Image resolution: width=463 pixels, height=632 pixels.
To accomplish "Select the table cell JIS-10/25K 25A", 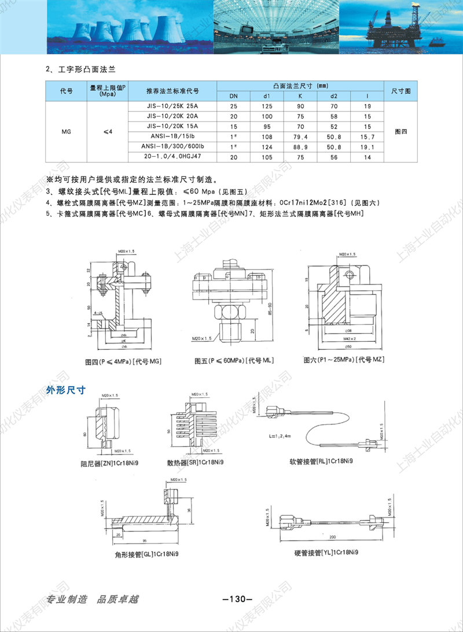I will coord(172,106).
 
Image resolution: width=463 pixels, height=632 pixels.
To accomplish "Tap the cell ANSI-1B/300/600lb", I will coord(172,147).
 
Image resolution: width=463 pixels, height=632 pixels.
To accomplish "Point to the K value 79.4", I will coord(300,137).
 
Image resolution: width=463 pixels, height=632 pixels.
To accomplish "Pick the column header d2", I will coord(333,96).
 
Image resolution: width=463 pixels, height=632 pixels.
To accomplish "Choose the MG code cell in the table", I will coord(66,132).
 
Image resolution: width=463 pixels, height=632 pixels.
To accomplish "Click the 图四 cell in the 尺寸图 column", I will coord(400,132).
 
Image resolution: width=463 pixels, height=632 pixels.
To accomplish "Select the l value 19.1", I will coord(368,147).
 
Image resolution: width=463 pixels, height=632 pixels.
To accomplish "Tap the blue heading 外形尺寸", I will coord(66,390).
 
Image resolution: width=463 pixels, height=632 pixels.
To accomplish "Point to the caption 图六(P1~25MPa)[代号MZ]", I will coord(344,360).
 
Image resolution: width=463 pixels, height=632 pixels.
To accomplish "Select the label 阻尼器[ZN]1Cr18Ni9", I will coord(112,463).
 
